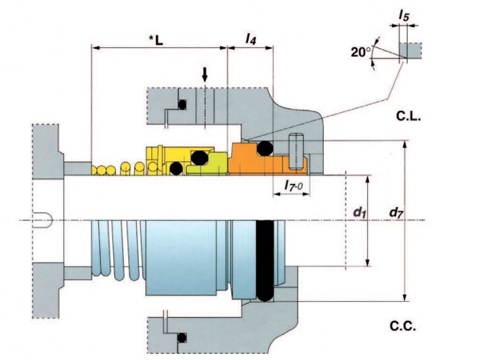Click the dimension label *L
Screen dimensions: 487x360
point(156,40)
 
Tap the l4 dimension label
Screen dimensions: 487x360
point(251,39)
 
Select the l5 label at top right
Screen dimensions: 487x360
point(404,15)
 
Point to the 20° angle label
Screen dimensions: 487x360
point(361,52)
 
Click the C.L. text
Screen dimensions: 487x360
point(408,116)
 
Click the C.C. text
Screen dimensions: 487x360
point(403,326)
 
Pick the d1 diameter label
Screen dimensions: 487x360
point(359,213)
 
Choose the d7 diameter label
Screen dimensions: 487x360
point(396,213)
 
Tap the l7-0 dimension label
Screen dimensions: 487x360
point(293,186)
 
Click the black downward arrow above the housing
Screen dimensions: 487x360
point(205,74)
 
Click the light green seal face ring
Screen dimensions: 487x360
point(208,164)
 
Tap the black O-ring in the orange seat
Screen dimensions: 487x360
point(265,148)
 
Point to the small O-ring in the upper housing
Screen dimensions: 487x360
point(182,104)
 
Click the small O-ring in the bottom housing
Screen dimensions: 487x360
point(182,337)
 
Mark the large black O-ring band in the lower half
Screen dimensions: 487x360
point(265,261)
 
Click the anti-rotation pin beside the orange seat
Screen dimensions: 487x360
point(296,152)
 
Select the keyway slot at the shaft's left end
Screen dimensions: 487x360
point(42,220)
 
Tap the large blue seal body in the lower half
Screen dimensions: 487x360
point(181,258)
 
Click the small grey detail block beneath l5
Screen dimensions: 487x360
point(410,51)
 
